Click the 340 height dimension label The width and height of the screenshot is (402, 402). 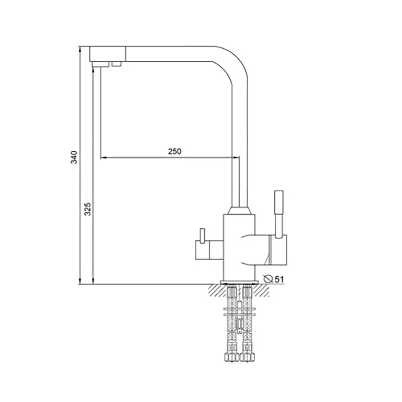coord(74,157)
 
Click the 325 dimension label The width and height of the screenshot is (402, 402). coord(87,209)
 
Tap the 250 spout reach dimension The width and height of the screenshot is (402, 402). coord(174,151)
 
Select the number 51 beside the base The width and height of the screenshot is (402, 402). coord(279,279)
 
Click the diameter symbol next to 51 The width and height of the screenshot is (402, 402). coord(268,279)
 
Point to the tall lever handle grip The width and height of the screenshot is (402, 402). coord(279,202)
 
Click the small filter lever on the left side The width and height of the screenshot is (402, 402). coord(203,235)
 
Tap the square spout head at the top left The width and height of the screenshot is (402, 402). coord(108,54)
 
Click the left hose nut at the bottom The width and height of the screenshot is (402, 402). coord(232,357)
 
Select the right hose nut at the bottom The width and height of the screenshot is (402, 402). coord(248,357)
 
